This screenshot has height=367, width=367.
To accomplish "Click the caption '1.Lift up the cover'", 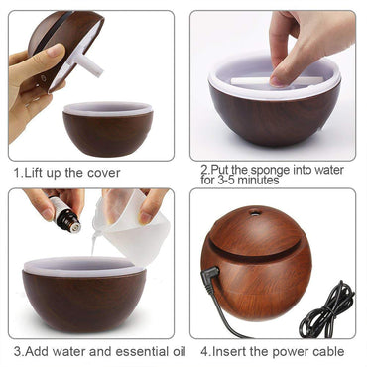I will tap(67, 173).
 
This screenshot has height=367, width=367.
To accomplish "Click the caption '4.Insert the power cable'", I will tap(272, 352).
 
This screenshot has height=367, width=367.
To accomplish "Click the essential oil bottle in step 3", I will tap(66, 217).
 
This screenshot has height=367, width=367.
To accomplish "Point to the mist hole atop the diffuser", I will tap(257, 211).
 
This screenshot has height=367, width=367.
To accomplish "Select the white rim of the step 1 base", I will tap(108, 107).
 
